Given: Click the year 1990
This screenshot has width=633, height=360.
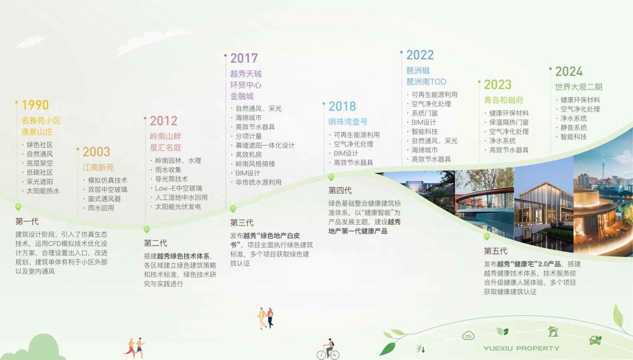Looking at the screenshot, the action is tap(35, 105).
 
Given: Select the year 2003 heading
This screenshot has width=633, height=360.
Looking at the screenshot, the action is tap(96, 152).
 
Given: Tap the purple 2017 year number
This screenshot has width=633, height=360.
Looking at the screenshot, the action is tap(244, 58).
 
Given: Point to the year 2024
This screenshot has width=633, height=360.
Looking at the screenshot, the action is tap(569, 72).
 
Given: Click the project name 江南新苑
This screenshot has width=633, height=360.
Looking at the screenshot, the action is tap(98, 168).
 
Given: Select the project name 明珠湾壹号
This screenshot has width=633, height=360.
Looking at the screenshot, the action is tap(348, 122).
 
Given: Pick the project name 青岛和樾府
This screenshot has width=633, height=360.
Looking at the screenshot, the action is tap(503, 100).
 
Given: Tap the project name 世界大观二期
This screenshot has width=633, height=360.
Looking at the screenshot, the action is tap(579, 87).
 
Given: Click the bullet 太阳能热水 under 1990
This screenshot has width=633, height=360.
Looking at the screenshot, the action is tap(43, 191).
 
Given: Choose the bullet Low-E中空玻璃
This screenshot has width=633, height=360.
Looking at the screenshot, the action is tap(179, 189).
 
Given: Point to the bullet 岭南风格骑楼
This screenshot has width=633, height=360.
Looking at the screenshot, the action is tap(255, 164).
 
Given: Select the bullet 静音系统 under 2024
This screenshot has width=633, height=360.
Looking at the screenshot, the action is tap(574, 128).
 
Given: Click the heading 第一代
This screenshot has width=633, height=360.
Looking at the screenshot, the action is tap(27, 221).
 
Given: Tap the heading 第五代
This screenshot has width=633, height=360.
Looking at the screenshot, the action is tap(496, 251).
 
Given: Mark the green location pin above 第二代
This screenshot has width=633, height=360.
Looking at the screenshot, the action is tap(147, 229).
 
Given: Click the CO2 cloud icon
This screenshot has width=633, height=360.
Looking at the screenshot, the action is tap(468, 335).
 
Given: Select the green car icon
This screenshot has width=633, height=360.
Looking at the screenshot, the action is tap(595, 340).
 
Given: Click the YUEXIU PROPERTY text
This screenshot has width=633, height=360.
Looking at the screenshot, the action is tap(521, 349).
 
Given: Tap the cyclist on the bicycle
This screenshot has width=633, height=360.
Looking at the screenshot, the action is tap(328, 349).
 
